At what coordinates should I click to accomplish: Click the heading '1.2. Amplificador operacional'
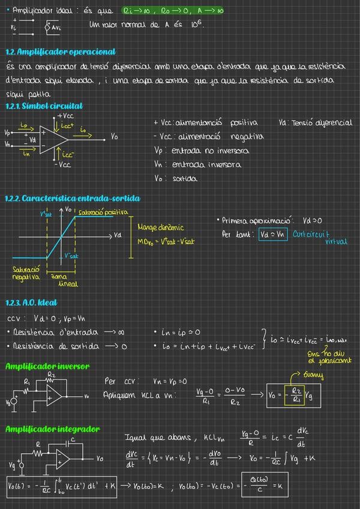click(60, 52)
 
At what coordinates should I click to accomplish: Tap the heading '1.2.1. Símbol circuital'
click(44, 106)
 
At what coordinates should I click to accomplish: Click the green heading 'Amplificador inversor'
click(47, 366)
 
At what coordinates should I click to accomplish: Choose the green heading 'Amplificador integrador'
click(52, 429)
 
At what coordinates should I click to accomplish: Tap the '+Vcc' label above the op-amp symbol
click(65, 115)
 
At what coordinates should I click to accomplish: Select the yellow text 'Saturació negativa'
click(26, 273)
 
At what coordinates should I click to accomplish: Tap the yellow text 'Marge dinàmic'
click(161, 227)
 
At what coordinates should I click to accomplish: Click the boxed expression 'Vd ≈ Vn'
click(273, 234)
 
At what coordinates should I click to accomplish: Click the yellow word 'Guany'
click(313, 376)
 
